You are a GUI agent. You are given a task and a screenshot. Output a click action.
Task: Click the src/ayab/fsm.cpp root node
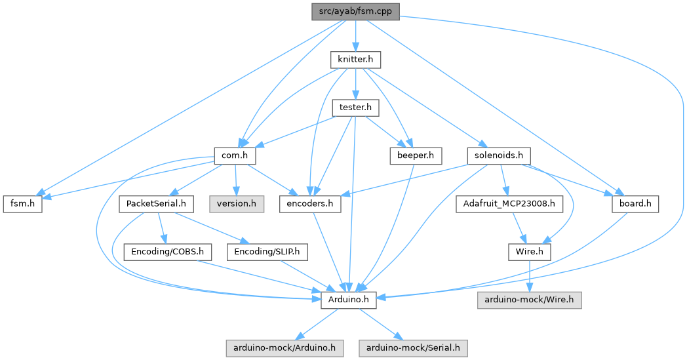point(355,11)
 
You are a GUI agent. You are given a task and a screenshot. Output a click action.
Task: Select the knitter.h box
point(355,60)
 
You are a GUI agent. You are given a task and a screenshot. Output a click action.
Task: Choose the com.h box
point(234,156)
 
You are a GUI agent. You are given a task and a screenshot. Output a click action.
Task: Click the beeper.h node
point(416,156)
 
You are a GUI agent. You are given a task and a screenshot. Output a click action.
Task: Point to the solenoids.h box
point(499,156)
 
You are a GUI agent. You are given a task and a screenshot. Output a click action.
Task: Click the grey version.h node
point(237,204)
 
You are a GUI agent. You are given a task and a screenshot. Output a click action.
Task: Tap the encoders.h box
point(310,204)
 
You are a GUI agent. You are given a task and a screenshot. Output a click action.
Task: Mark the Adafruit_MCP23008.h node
point(509,204)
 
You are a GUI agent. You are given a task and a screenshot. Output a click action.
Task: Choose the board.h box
point(635,204)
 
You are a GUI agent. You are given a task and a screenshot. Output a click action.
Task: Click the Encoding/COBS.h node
point(167,252)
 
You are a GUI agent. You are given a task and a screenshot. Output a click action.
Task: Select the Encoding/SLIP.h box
point(267,252)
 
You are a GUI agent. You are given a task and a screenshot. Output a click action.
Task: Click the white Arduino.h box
point(348,300)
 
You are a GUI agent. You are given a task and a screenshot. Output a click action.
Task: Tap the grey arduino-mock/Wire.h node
point(529,300)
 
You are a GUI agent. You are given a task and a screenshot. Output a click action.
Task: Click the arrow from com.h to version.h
point(235,180)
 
